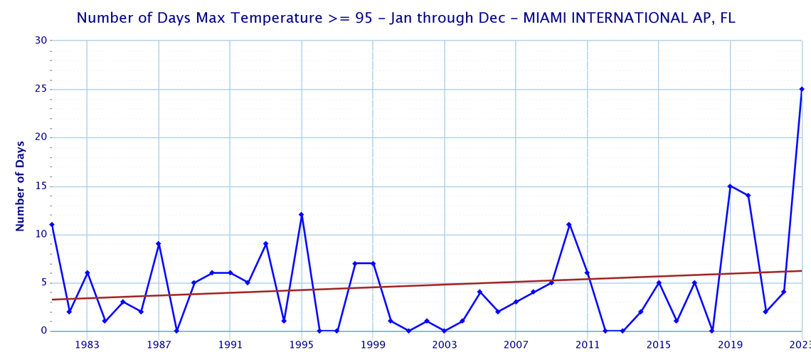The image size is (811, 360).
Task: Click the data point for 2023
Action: [x=802, y=89]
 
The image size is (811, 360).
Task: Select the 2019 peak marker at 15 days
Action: [x=730, y=186]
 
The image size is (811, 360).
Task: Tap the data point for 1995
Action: [x=302, y=215]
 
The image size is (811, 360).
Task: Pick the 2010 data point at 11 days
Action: [x=569, y=225]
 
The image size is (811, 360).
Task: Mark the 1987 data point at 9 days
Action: [x=159, y=244]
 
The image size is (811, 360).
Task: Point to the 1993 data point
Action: [x=265, y=244]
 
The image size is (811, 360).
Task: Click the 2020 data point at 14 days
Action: [x=748, y=196]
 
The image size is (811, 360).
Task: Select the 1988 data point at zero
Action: [x=176, y=331]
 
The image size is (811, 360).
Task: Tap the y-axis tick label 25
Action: [x=41, y=89]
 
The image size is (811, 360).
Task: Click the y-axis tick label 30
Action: [x=41, y=41]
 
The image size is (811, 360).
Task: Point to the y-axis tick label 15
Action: [x=41, y=186]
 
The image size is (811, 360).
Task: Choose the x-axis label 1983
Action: [x=87, y=345]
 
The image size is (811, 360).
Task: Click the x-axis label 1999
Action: [x=373, y=345]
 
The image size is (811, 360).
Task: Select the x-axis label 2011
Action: [x=587, y=345]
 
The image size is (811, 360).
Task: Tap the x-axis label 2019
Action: [x=730, y=345]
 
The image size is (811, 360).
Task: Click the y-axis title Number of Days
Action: [x=21, y=186]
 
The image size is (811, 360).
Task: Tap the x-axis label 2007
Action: [x=516, y=345]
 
